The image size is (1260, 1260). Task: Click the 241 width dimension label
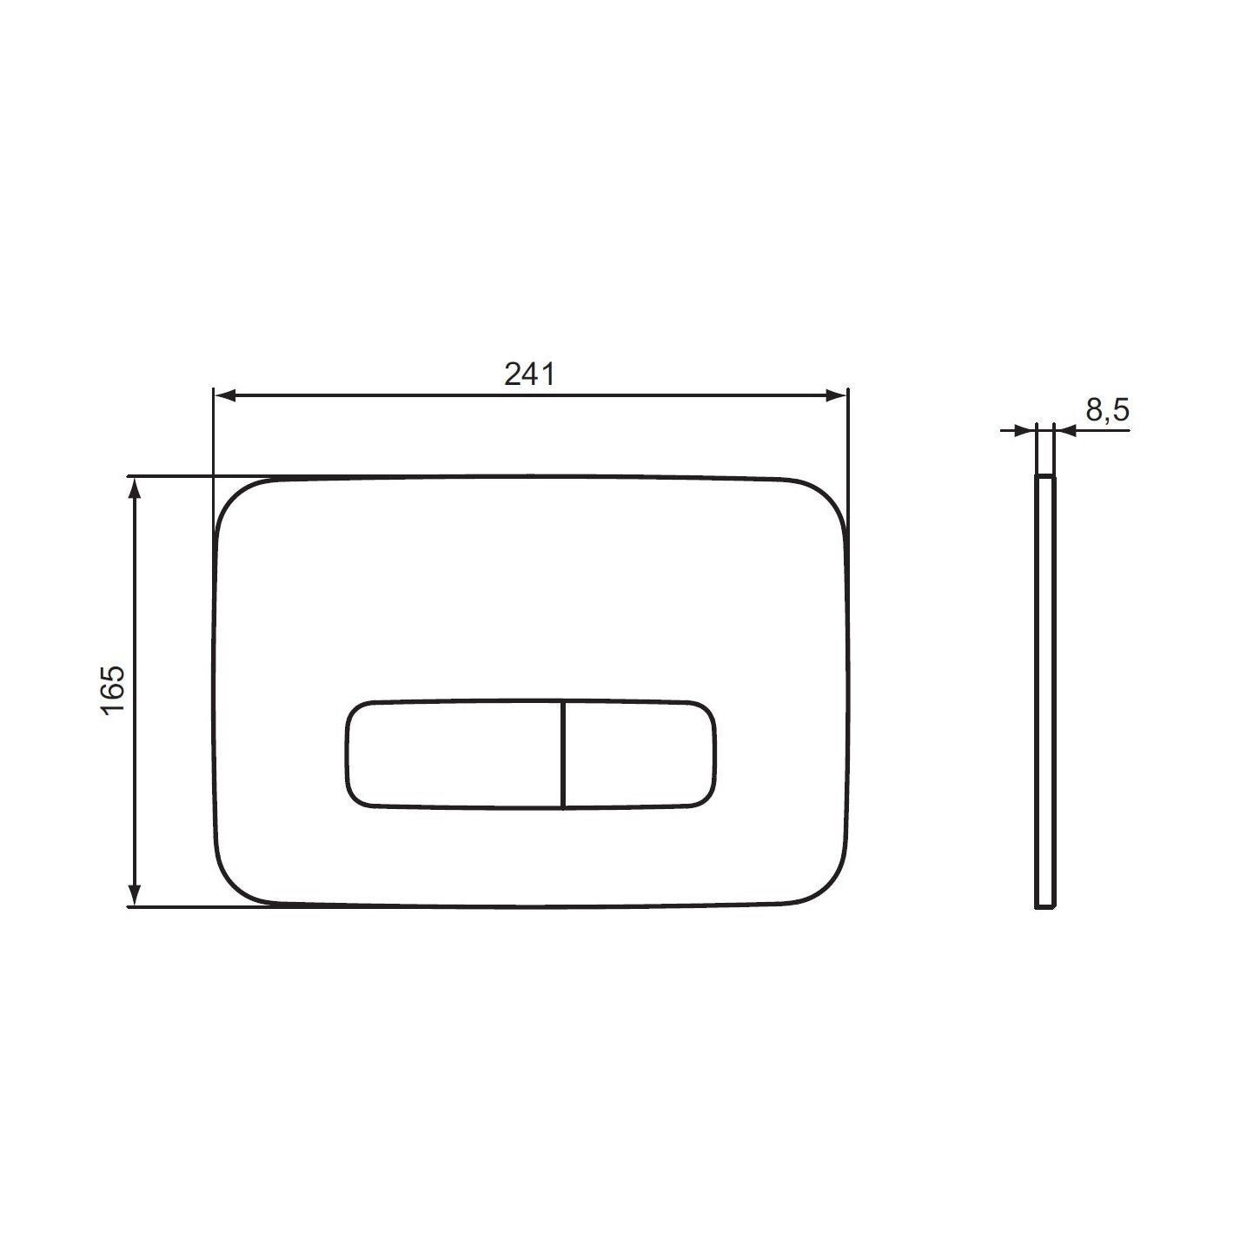(x=529, y=374)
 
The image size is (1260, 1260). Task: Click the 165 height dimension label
(x=114, y=691)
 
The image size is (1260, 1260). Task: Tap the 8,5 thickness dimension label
(x=1107, y=409)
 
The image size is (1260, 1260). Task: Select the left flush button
(x=454, y=753)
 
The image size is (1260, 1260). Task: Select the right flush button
(x=640, y=753)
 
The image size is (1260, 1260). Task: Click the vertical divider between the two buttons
(x=563, y=753)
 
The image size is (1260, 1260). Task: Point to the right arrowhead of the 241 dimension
(x=836, y=396)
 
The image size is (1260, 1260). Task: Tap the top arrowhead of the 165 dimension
(x=135, y=489)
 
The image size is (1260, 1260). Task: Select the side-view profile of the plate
(x=1045, y=691)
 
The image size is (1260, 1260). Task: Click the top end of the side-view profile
(x=1045, y=478)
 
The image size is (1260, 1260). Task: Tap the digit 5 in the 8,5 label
(x=1121, y=409)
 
